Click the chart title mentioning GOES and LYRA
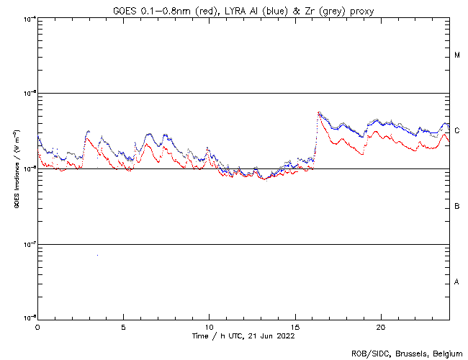pyautogui.click(x=243, y=9)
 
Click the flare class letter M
pyautogui.click(x=457, y=55)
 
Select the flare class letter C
pyautogui.click(x=457, y=131)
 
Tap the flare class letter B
pyautogui.click(x=457, y=207)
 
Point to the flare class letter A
pyautogui.click(x=457, y=282)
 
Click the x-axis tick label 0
pyautogui.click(x=37, y=326)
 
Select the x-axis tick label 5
pyautogui.click(x=123, y=326)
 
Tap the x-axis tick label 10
pyautogui.click(x=209, y=326)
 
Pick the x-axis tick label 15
pyautogui.click(x=294, y=326)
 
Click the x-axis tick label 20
pyautogui.click(x=380, y=326)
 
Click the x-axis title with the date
pyautogui.click(x=243, y=336)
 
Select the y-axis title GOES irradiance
pyautogui.click(x=16, y=169)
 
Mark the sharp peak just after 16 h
pyautogui.click(x=319, y=112)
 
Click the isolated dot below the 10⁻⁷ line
pyautogui.click(x=97, y=255)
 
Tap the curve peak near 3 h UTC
pyautogui.click(x=88, y=131)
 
